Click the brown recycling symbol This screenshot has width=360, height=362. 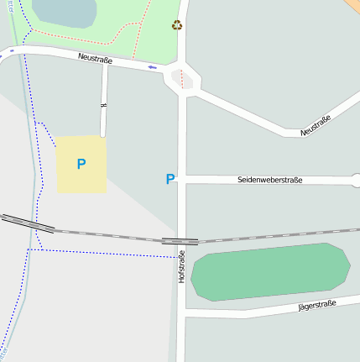(177, 25)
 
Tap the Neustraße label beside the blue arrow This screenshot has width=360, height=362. (95, 58)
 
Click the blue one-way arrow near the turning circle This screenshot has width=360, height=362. (152, 67)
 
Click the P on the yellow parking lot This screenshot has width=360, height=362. (81, 164)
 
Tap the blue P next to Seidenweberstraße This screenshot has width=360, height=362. (170, 179)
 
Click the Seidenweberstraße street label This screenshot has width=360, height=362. (269, 180)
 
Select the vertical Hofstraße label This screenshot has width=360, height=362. (181, 265)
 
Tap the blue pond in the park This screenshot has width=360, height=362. (64, 12)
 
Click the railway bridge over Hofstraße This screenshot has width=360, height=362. (180, 241)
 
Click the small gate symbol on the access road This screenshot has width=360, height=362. (104, 106)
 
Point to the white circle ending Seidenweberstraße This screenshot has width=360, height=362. (356, 180)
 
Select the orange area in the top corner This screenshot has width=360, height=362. (352, 4)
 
